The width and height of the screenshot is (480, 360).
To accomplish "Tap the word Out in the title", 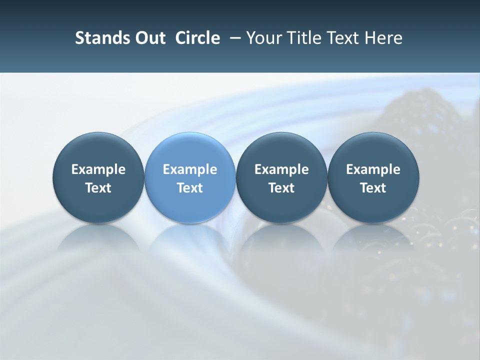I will (148, 38).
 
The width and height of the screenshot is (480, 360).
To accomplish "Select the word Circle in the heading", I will (197, 38).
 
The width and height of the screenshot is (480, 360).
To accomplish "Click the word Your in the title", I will (263, 38).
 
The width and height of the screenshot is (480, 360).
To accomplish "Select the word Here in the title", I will (384, 38).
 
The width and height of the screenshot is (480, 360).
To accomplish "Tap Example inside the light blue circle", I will (190, 169).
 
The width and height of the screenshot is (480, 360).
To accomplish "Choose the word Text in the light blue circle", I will (190, 188).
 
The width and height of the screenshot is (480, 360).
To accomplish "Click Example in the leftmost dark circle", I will (98, 169).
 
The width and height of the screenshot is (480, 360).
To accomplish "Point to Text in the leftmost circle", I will (98, 188).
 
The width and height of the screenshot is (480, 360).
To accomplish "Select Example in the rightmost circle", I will (373, 169).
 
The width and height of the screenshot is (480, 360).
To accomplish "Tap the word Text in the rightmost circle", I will (373, 188).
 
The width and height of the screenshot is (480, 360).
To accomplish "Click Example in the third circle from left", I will (282, 169).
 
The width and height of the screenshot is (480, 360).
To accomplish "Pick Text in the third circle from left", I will (282, 188).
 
